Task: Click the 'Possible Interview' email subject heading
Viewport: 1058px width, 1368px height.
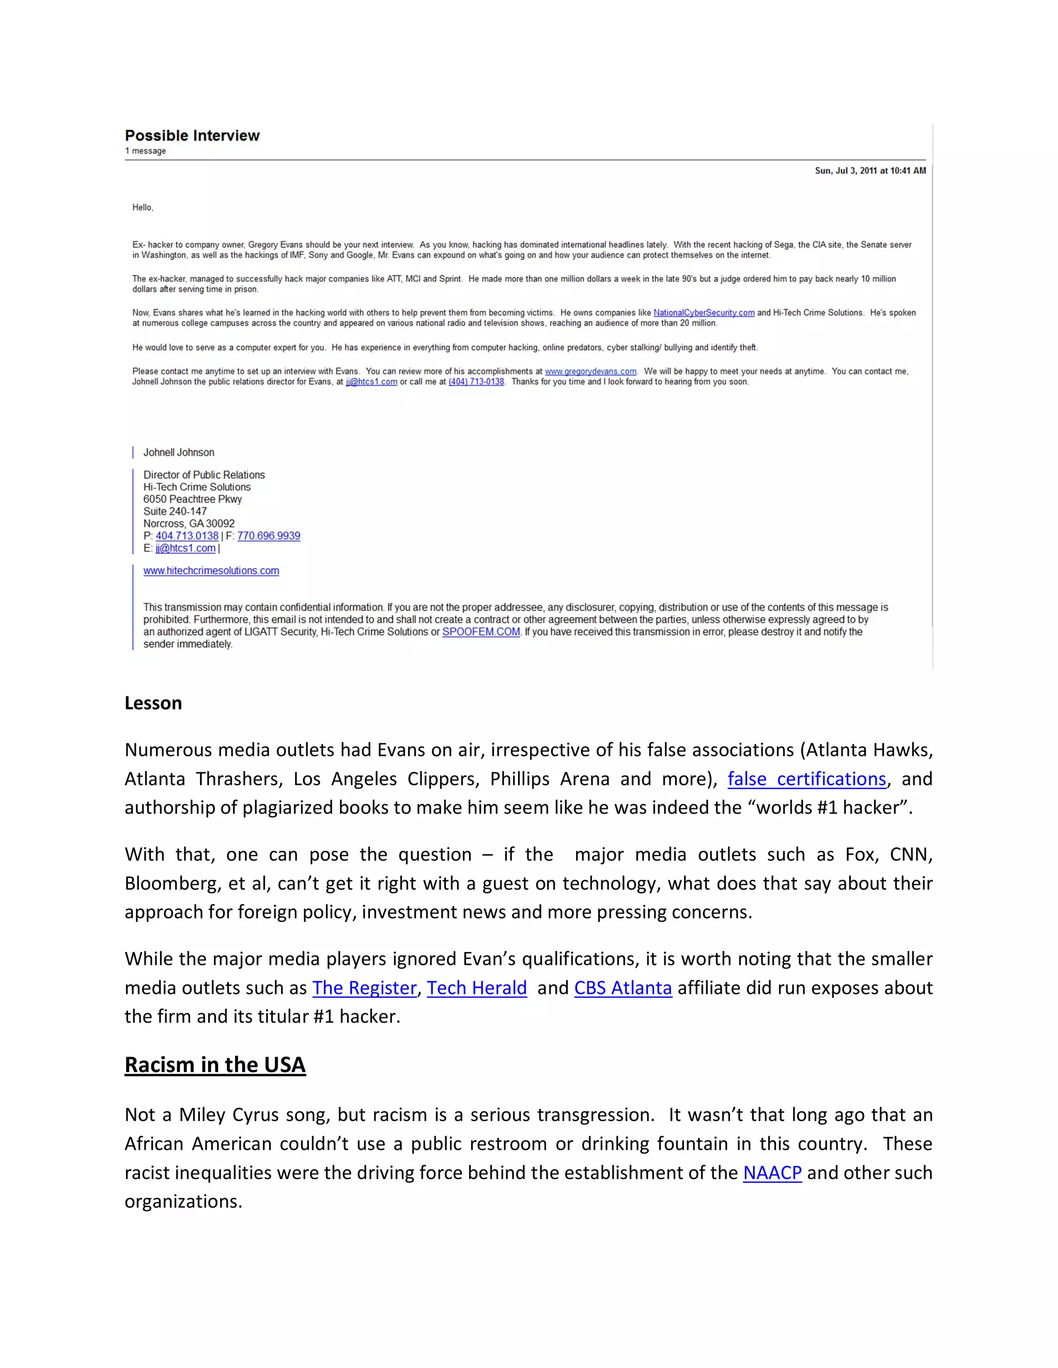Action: tap(192, 135)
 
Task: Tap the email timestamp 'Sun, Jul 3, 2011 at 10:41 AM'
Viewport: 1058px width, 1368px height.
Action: tap(870, 170)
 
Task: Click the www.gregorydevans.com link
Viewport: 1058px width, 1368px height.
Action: tap(590, 372)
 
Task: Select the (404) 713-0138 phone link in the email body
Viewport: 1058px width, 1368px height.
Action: tap(476, 381)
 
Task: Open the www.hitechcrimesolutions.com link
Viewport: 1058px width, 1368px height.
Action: tap(211, 570)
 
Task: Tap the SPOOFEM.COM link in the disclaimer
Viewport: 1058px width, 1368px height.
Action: tap(481, 631)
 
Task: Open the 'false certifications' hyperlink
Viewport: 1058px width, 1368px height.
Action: tap(806, 778)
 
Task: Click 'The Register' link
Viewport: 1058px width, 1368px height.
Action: tap(364, 987)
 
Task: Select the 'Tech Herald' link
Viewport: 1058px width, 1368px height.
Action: tap(476, 987)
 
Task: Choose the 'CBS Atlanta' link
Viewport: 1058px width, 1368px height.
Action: tap(623, 987)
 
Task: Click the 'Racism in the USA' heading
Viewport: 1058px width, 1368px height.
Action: tap(215, 1065)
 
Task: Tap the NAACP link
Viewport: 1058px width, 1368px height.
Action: tap(772, 1172)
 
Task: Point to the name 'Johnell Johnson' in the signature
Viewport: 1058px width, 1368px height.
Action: tap(179, 452)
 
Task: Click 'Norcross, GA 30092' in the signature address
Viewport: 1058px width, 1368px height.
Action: tap(189, 523)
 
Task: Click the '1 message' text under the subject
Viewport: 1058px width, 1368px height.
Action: tap(145, 151)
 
